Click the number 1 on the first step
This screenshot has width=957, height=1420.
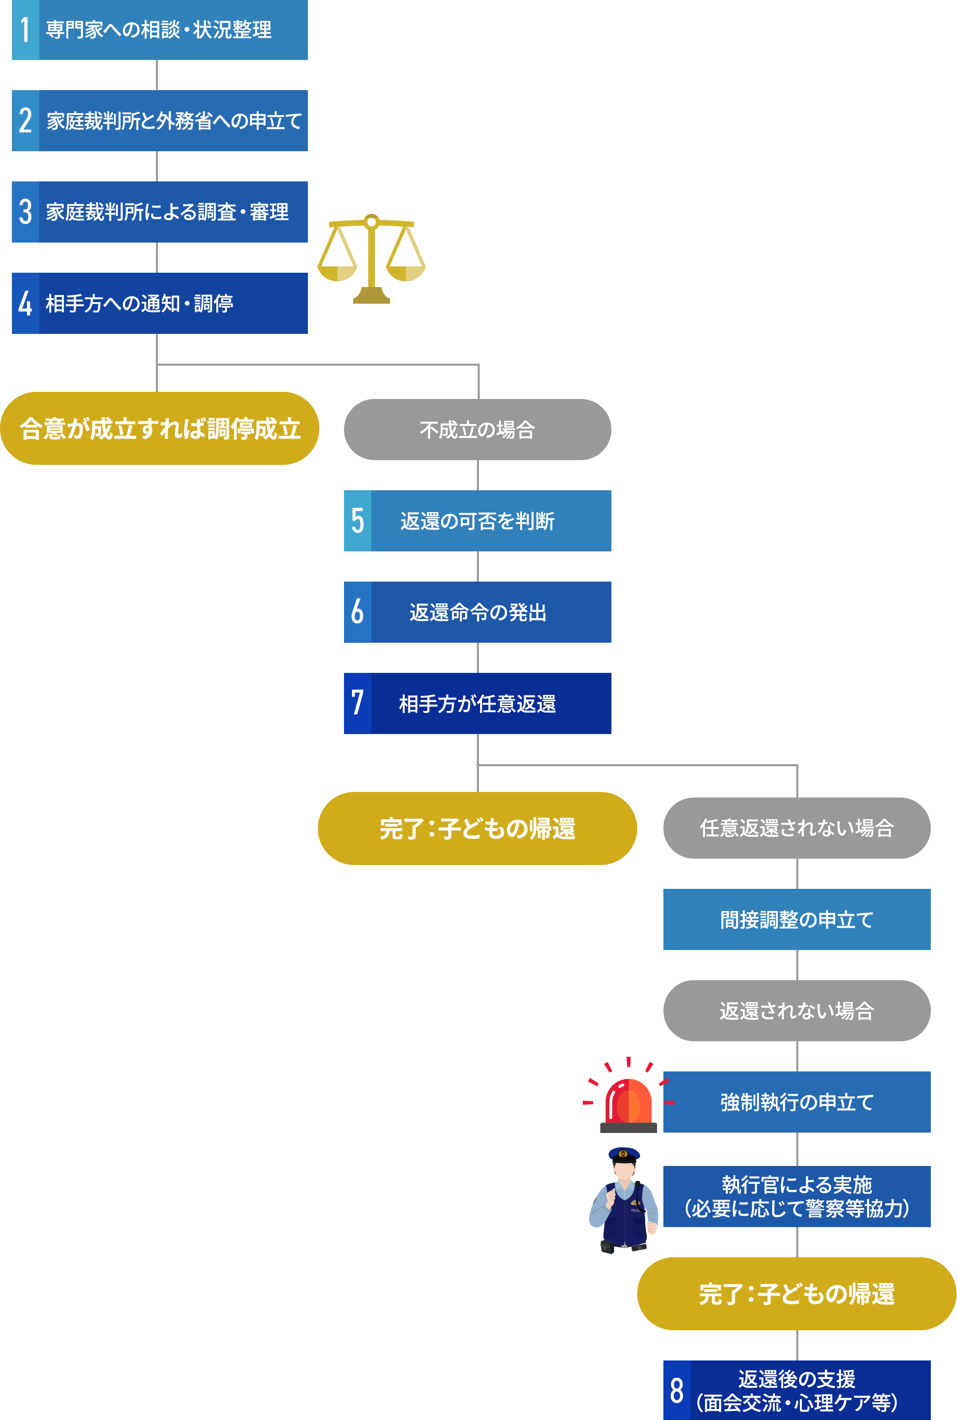click(x=25, y=29)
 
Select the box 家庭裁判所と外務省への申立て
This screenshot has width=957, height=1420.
click(x=173, y=121)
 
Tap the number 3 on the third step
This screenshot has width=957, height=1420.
click(x=25, y=212)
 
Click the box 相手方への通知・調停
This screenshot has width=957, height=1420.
click(x=173, y=303)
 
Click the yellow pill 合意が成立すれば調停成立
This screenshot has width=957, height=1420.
click(x=160, y=429)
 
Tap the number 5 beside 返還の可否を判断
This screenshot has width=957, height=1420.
click(x=357, y=521)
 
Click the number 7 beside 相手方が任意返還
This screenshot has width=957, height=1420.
click(x=357, y=703)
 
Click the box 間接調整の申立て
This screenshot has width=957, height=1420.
click(x=796, y=919)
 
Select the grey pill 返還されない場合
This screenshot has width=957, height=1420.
click(x=796, y=1011)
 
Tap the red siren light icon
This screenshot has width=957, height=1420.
click(x=628, y=1102)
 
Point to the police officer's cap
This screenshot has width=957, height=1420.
click(x=624, y=1154)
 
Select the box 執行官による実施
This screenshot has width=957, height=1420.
click(x=796, y=1196)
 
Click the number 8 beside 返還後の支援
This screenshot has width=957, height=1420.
click(x=677, y=1391)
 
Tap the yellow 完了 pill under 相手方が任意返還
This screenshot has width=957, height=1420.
click(x=477, y=828)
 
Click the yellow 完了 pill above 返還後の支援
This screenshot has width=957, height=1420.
click(x=796, y=1294)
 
